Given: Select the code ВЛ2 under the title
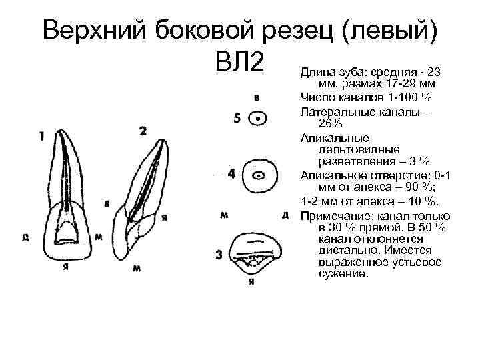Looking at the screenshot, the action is point(241,65).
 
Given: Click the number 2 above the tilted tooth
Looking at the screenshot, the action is point(143,131).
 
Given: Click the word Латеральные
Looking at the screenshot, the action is point(337,111).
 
